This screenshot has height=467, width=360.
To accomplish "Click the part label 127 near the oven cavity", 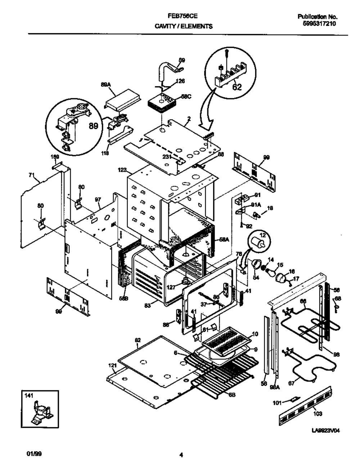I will coord(171,287).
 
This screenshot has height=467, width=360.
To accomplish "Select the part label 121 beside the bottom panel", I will coord(112,365).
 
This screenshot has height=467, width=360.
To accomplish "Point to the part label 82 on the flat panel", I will coord(138,340).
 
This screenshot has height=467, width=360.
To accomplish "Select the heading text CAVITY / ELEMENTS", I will coord(183,26).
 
